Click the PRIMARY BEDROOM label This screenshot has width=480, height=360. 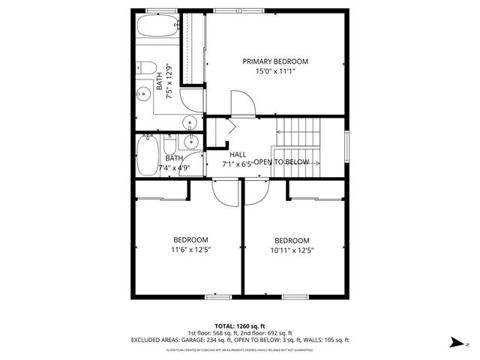[275, 61]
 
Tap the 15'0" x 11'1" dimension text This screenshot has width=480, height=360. [275, 72]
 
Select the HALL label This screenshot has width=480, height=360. [238, 154]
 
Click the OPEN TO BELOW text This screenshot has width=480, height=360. [281, 163]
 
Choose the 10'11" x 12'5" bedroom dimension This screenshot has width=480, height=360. [291, 250]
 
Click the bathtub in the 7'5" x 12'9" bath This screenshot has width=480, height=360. [154, 28]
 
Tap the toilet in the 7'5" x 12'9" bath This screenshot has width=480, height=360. [145, 67]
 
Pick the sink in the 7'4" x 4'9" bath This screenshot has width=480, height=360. [191, 141]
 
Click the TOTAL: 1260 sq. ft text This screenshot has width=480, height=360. [240, 325]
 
